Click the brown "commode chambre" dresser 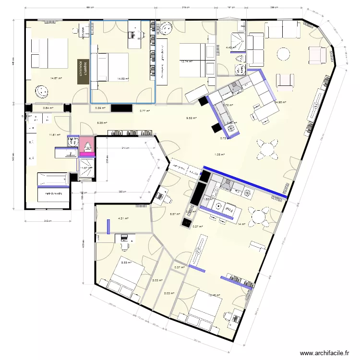tap(84, 72)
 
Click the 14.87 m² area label tap(56, 78)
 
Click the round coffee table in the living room tap(284, 53)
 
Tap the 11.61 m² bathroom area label tap(55, 135)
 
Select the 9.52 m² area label tap(192, 117)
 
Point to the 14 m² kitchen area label tap(241, 224)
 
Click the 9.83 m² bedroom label tap(126, 263)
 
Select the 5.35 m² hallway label tap(102, 123)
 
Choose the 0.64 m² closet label tap(48, 108)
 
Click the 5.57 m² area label tap(175, 214)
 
